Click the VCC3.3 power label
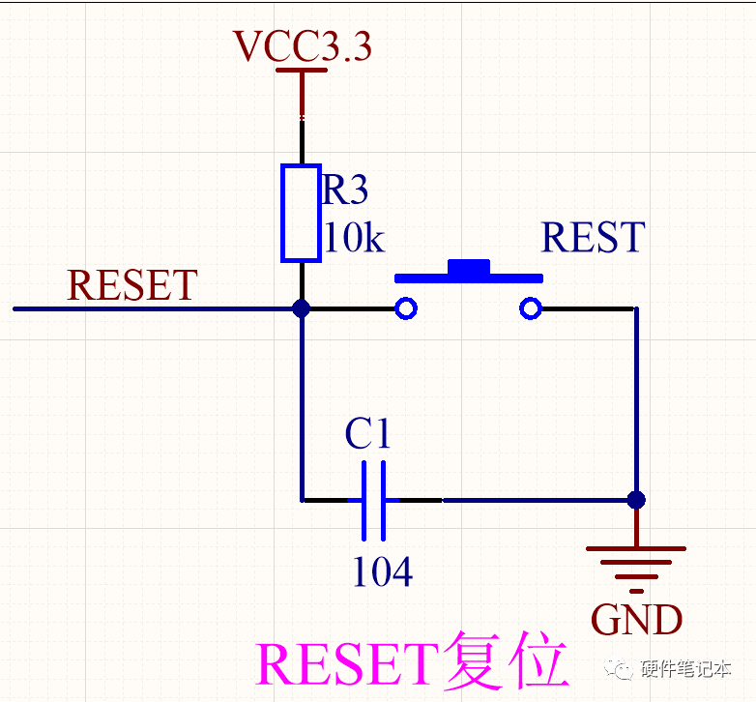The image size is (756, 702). [x=303, y=46]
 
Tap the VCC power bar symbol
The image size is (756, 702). [x=303, y=71]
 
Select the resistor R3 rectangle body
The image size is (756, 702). [x=301, y=213]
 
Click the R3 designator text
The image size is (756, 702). [x=345, y=190]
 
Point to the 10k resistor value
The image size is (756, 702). [x=353, y=238]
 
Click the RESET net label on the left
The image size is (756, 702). [x=132, y=285]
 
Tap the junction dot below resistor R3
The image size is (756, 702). [x=302, y=308]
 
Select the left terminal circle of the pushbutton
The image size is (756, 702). [x=406, y=308]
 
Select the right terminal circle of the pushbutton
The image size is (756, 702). [x=529, y=308]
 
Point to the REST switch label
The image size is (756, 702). [x=592, y=238]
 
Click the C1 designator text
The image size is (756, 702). [x=368, y=435]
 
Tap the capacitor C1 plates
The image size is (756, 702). [x=373, y=500]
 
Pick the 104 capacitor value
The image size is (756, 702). [x=382, y=572]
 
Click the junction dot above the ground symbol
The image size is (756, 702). [x=635, y=500]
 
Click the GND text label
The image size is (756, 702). [x=636, y=620]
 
